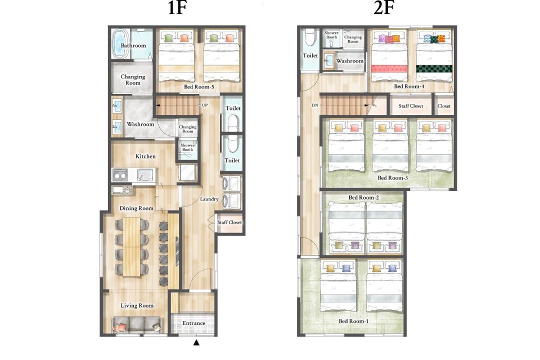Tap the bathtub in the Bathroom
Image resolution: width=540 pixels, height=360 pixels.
120,44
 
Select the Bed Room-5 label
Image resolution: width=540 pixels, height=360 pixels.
199,87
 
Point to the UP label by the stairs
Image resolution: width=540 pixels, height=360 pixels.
204,105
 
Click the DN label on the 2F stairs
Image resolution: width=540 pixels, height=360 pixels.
315,105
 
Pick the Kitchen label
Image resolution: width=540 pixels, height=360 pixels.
145,156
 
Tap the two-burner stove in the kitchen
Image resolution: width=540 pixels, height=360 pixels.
120,175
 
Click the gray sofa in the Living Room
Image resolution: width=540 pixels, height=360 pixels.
136,324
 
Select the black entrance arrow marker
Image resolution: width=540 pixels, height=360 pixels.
196,342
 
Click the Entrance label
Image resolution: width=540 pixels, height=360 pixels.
193,323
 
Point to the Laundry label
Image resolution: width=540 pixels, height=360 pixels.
209,199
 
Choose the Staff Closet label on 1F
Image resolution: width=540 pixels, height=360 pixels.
229,222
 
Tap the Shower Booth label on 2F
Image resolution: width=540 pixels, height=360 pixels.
331,35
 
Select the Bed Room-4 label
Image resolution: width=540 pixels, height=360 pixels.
409,86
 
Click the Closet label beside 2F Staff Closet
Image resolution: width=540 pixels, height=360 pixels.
444,106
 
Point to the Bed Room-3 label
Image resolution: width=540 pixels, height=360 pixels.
392,178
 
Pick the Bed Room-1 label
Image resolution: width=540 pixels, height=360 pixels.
353,321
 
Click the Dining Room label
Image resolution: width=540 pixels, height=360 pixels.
136,208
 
